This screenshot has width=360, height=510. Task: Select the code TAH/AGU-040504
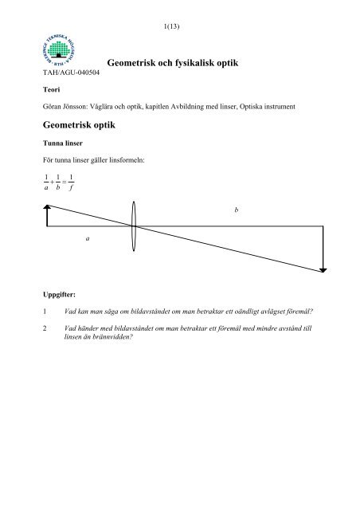click(69, 73)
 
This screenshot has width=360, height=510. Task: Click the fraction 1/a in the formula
click(46, 183)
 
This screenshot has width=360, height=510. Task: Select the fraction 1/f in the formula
click(72, 183)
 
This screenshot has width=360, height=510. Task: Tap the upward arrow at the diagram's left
click(48, 215)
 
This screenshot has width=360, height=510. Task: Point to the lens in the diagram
click(134, 226)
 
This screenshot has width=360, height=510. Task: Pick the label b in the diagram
click(236, 210)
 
